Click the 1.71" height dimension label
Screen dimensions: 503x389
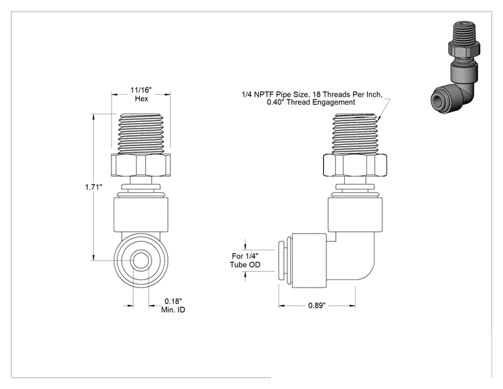pyautogui.click(x=94, y=187)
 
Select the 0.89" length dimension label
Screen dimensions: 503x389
pyautogui.click(x=317, y=305)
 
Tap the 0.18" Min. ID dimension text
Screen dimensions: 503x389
pyautogui.click(x=173, y=305)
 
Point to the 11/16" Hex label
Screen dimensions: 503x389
pyautogui.click(x=141, y=94)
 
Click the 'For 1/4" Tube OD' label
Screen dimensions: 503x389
pyautogui.click(x=245, y=260)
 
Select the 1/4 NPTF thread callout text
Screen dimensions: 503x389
pyautogui.click(x=312, y=98)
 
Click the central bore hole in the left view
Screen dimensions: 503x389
pyautogui.click(x=141, y=260)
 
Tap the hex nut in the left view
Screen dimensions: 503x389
pyautogui.click(x=141, y=165)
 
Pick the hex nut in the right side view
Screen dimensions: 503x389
pyautogui.click(x=355, y=165)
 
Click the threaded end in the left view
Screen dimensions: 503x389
pyautogui.click(x=141, y=133)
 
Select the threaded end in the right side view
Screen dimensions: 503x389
pyautogui.click(x=355, y=133)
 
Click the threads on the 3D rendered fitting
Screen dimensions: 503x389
pyautogui.click(x=464, y=32)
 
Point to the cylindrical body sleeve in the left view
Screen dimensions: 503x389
pyautogui.click(x=141, y=214)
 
